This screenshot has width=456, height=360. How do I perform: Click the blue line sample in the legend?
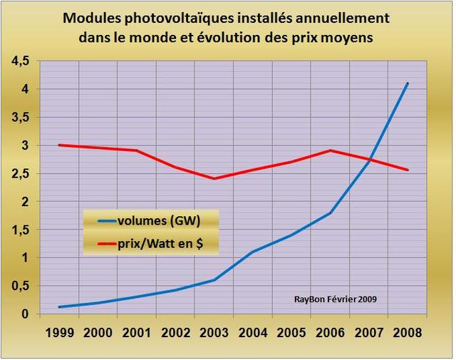(104, 220)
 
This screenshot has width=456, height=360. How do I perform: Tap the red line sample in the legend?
(104, 245)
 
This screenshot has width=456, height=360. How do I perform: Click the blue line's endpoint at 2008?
(408, 83)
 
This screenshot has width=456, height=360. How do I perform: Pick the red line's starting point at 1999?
(58, 145)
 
